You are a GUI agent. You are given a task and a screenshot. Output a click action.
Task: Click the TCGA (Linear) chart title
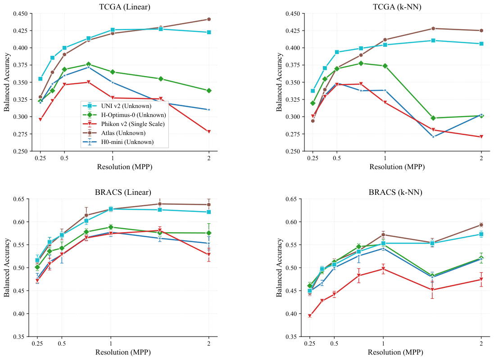[x=124, y=7]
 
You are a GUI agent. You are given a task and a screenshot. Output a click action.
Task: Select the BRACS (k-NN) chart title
[x=395, y=192]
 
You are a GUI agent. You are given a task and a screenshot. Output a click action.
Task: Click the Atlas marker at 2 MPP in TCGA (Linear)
[x=208, y=19]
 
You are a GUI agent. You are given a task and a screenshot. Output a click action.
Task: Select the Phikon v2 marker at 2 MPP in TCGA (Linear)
[x=208, y=131]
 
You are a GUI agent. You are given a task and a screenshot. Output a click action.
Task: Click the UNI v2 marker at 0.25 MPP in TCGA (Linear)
[x=41, y=79]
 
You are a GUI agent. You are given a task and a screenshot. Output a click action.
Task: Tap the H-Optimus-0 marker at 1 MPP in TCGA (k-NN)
[x=385, y=66]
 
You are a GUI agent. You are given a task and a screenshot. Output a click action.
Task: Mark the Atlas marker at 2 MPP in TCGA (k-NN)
[x=481, y=31]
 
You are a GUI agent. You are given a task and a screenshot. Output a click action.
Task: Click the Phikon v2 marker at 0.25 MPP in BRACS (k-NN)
[x=310, y=315]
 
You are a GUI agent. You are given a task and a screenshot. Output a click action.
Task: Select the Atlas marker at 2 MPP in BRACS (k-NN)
[x=481, y=225]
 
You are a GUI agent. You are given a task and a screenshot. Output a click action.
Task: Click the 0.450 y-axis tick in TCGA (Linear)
[x=20, y=13]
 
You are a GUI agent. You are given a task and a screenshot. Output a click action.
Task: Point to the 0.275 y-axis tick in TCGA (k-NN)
[x=293, y=134]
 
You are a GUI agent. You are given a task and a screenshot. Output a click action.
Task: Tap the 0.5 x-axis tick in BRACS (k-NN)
[x=334, y=343]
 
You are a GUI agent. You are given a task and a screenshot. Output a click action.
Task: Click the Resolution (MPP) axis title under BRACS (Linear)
[x=123, y=352]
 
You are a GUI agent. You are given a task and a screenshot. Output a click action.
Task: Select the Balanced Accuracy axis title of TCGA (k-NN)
[x=279, y=82]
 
